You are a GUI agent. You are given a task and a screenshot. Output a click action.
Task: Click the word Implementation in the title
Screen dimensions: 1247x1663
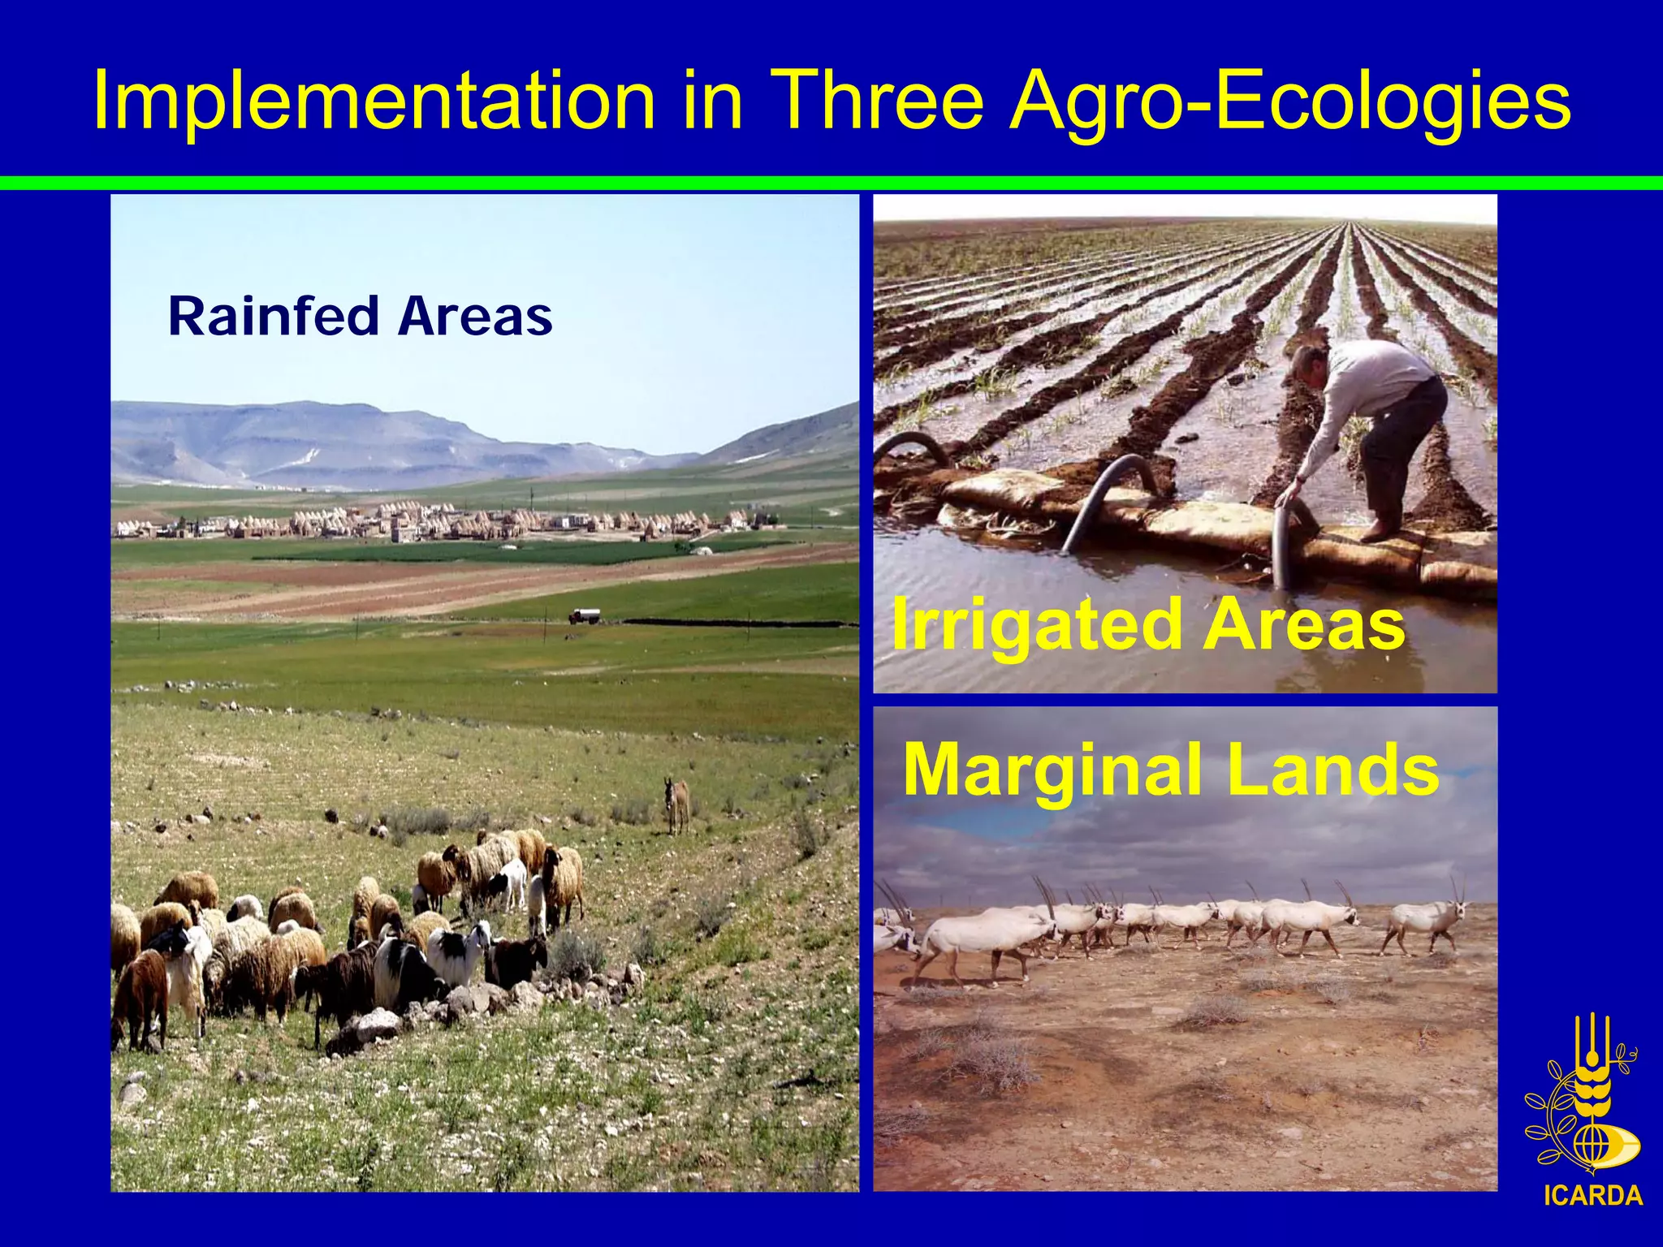(x=374, y=101)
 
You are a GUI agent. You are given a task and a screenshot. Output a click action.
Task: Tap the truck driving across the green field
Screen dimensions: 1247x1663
(x=585, y=616)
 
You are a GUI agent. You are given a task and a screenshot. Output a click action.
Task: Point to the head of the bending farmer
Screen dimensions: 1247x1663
(x=1307, y=365)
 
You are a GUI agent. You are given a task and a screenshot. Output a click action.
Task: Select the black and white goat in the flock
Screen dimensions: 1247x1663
(x=459, y=950)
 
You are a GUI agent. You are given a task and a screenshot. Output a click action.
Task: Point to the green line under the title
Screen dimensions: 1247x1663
(x=831, y=183)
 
